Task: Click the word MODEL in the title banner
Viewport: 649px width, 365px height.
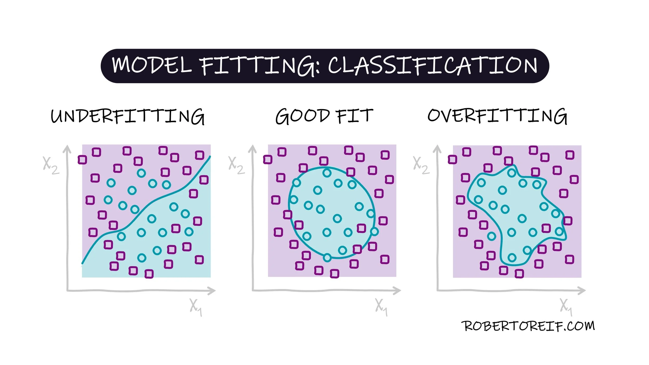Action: [152, 65]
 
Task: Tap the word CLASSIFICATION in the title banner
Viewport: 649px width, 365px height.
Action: [432, 65]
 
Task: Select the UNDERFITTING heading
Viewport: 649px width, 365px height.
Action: [127, 116]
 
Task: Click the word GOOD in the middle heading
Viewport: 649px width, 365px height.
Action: [302, 116]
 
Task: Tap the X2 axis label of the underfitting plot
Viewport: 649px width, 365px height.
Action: [51, 166]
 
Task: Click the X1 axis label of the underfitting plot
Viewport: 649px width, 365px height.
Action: [195, 307]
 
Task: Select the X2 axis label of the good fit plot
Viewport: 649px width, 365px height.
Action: [236, 165]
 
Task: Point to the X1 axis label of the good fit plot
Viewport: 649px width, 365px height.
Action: [381, 307]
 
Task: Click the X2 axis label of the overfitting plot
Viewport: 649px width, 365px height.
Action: [421, 165]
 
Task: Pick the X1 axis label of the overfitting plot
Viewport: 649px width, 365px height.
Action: [566, 307]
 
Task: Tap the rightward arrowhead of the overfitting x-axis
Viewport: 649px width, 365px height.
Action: [582, 291]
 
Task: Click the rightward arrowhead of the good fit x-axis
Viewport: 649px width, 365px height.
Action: [398, 291]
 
